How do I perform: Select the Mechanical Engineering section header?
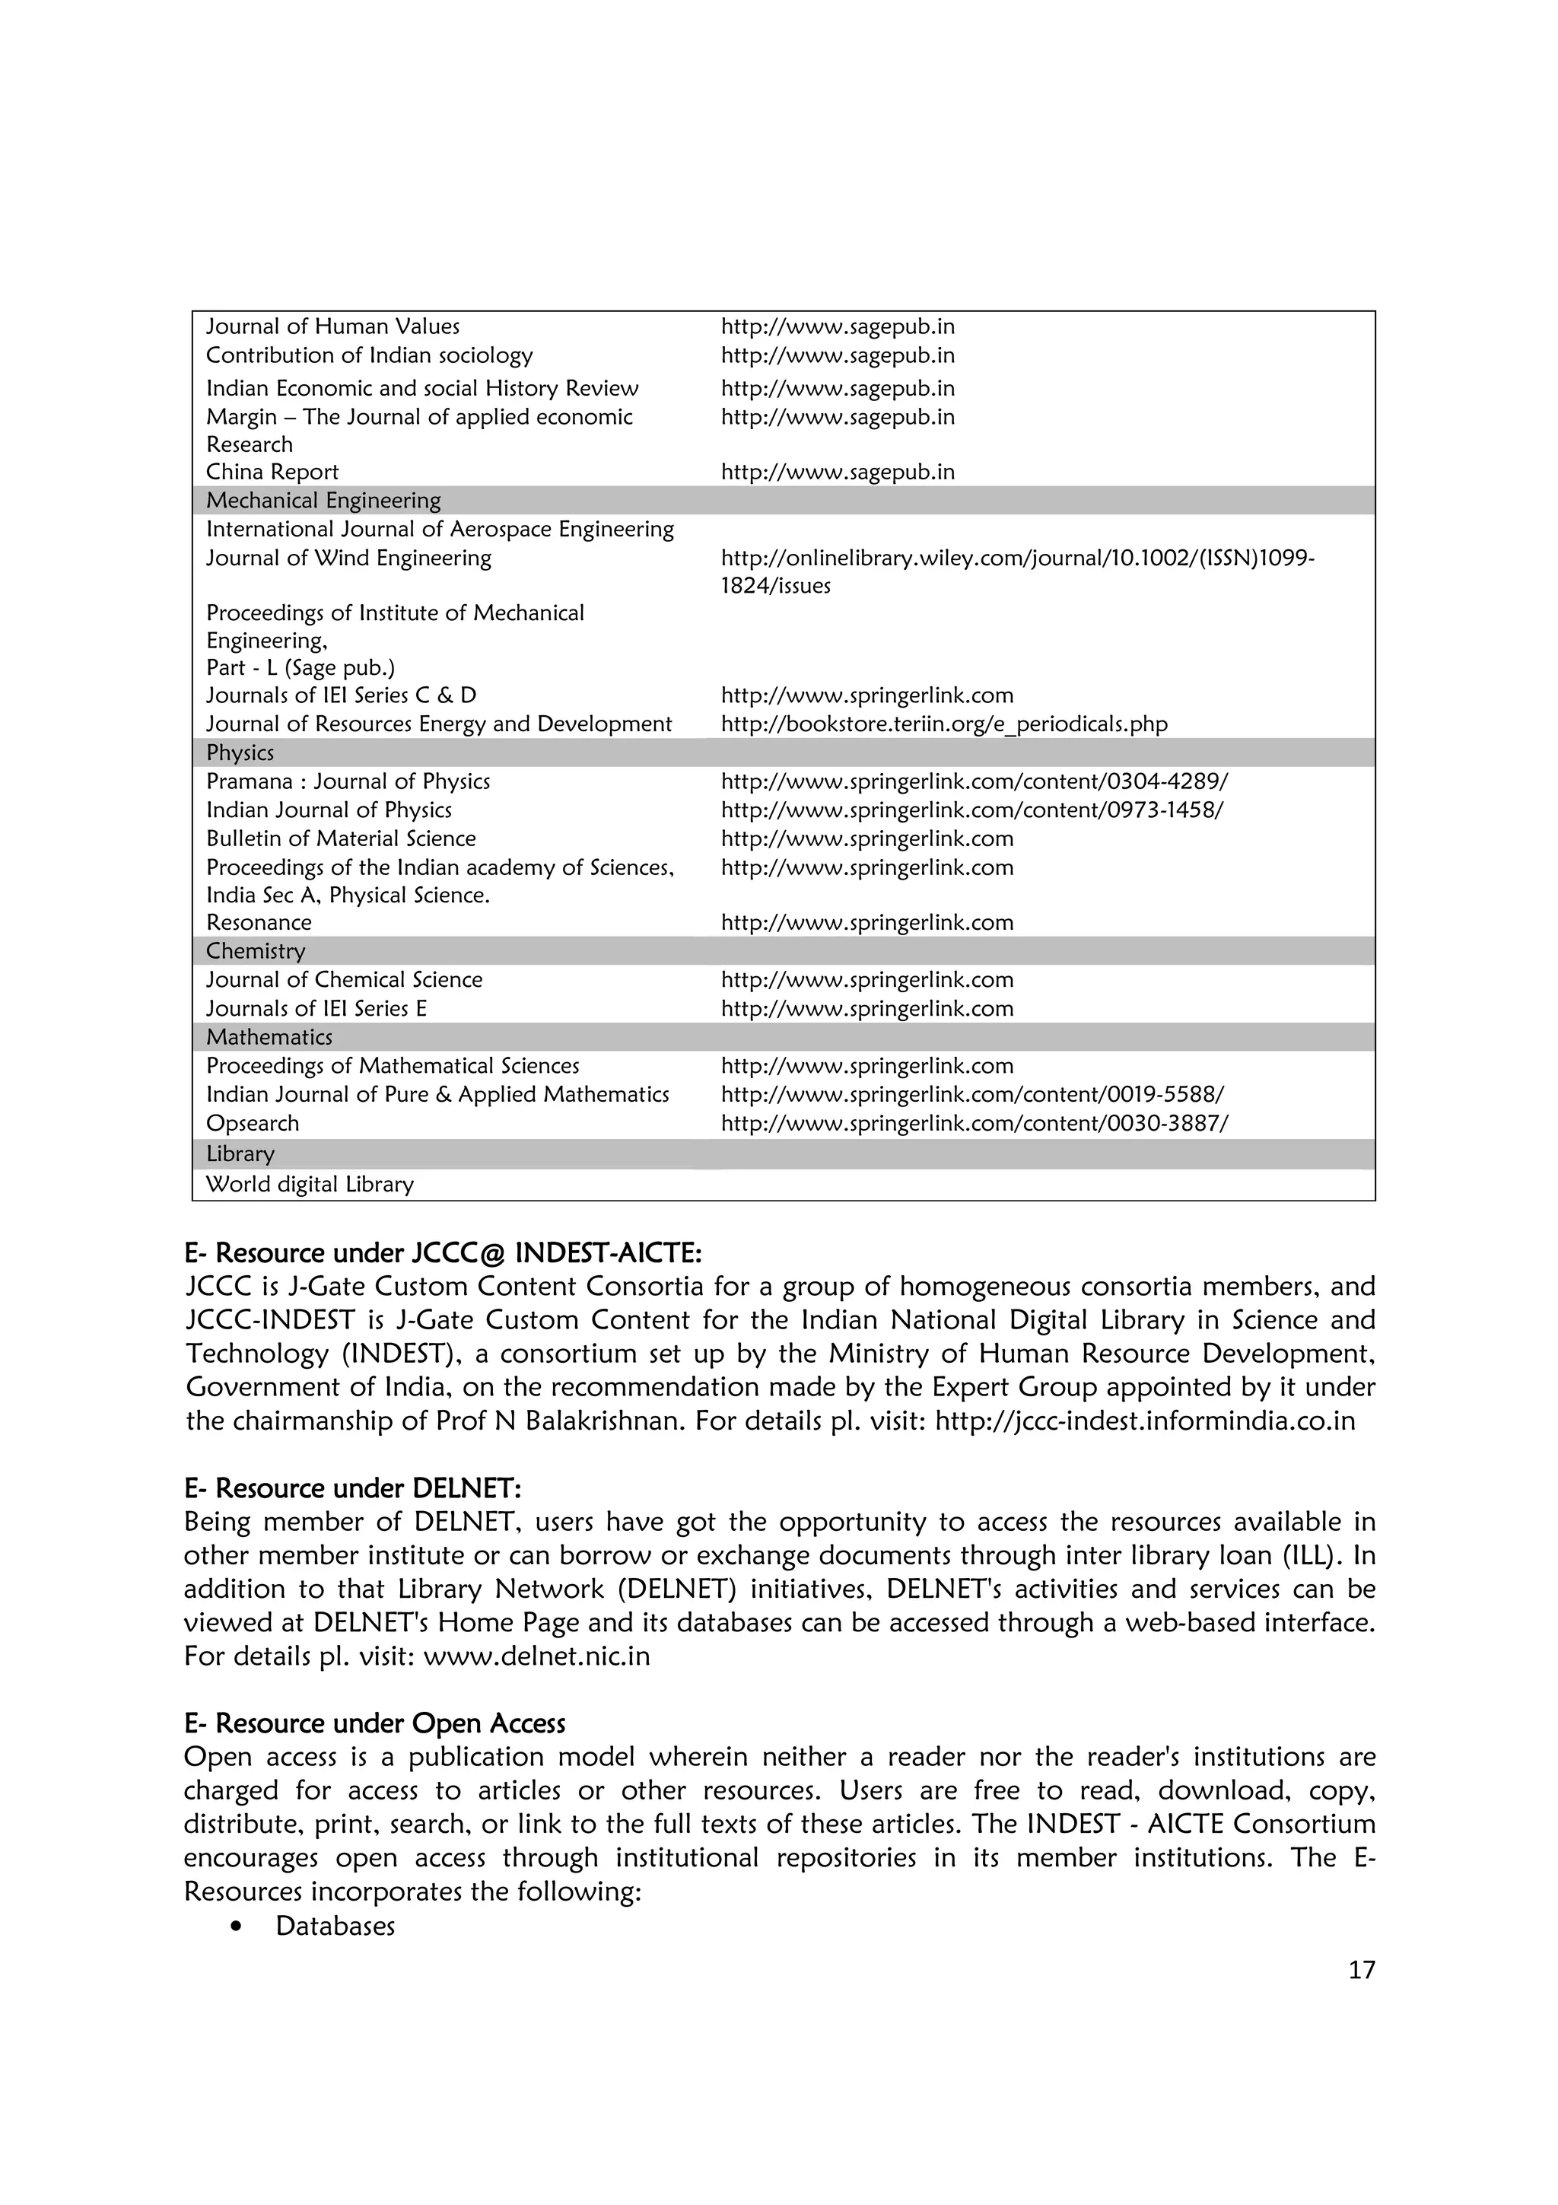pos(323,501)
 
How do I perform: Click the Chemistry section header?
pos(256,951)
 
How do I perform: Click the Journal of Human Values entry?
pos(332,326)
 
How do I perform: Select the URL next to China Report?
pos(837,472)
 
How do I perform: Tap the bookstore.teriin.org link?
pos(943,724)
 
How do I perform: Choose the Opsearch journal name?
pos(253,1123)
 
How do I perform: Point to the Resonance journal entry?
pos(259,922)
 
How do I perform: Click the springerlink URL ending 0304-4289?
pos(974,781)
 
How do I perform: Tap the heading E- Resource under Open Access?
pos(374,1724)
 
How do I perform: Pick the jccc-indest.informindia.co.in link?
pos(1144,1421)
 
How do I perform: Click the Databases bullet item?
pos(335,1927)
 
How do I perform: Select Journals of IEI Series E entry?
pos(316,1008)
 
